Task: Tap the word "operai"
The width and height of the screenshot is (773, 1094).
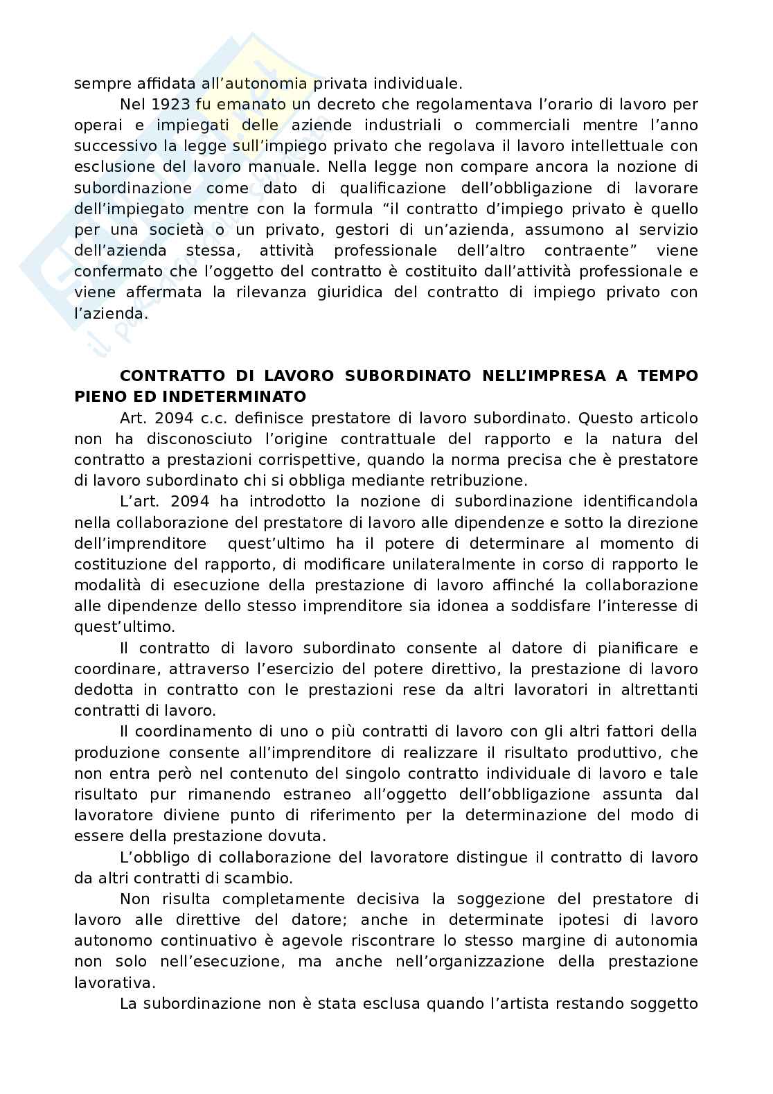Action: (96, 125)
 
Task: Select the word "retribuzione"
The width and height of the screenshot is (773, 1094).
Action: (479, 480)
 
